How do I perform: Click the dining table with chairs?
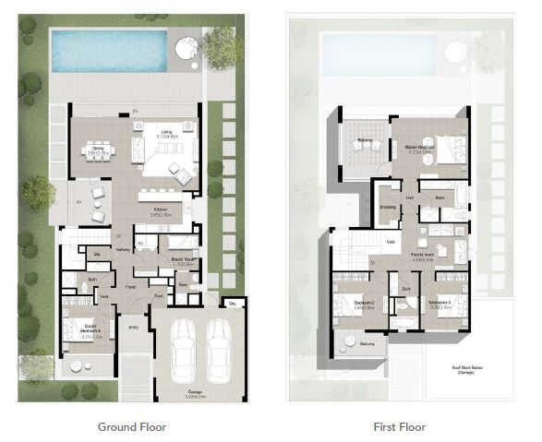point(96,153)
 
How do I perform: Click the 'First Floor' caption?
point(400,427)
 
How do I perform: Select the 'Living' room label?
point(167,132)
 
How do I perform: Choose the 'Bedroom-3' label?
point(437,303)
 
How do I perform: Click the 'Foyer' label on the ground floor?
point(132,287)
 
